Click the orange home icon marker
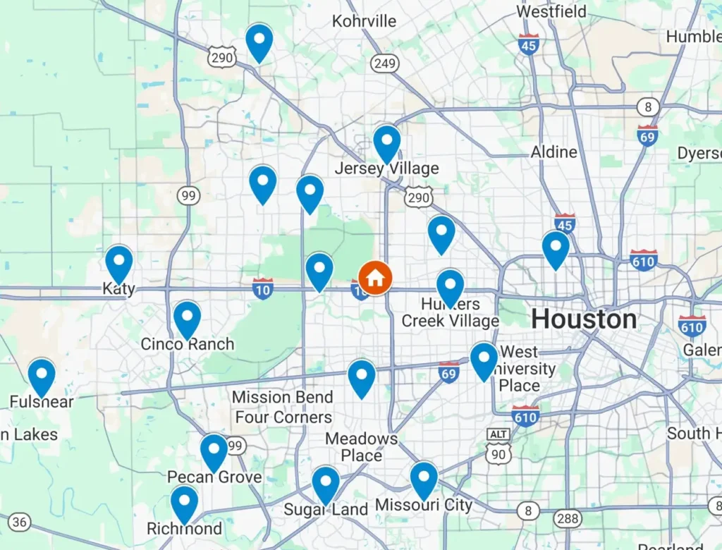pyautogui.click(x=375, y=277)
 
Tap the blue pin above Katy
pyautogui.click(x=119, y=262)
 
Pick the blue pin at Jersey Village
pyautogui.click(x=387, y=142)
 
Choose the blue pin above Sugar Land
pyautogui.click(x=326, y=483)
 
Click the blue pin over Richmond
pyautogui.click(x=185, y=503)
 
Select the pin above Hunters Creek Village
pyautogui.click(x=450, y=286)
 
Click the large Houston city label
pyautogui.click(x=584, y=319)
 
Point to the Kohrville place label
pyautogui.click(x=365, y=21)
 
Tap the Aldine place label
pyautogui.click(x=553, y=152)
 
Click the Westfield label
pyautogui.click(x=551, y=12)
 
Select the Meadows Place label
pyautogui.click(x=361, y=447)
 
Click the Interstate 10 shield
pyautogui.click(x=263, y=288)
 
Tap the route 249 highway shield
pyautogui.click(x=385, y=64)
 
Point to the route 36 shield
pyautogui.click(x=20, y=522)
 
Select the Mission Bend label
pyautogui.click(x=282, y=397)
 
